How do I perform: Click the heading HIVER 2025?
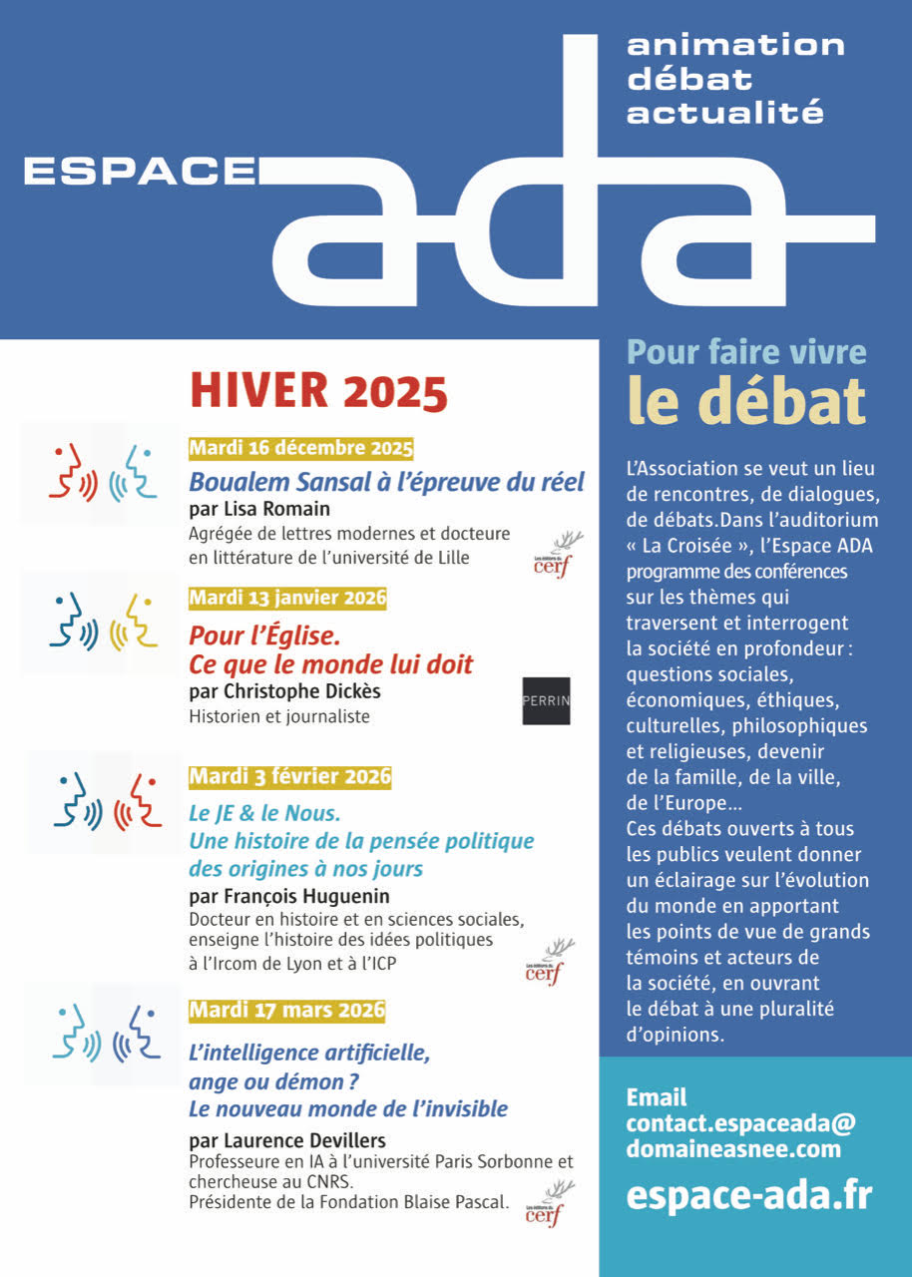pyautogui.click(x=318, y=391)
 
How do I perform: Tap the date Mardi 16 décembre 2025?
pyautogui.click(x=300, y=448)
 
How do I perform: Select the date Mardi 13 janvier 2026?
pyautogui.click(x=287, y=599)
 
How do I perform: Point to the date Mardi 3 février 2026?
pyautogui.click(x=289, y=776)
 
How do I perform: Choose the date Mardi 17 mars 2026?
pyautogui.click(x=286, y=1010)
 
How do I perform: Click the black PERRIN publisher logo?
pyautogui.click(x=546, y=700)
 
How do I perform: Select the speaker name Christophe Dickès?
pyautogui.click(x=283, y=691)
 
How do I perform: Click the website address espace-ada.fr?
pyautogui.click(x=748, y=1194)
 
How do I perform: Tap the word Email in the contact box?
pyautogui.click(x=656, y=1097)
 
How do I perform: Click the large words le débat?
pyautogui.click(x=745, y=401)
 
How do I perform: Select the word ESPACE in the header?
pyautogui.click(x=140, y=172)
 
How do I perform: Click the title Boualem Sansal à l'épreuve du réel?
pyautogui.click(x=386, y=482)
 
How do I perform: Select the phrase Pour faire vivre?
pyautogui.click(x=745, y=352)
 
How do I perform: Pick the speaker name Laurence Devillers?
pyautogui.click(x=286, y=1139)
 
